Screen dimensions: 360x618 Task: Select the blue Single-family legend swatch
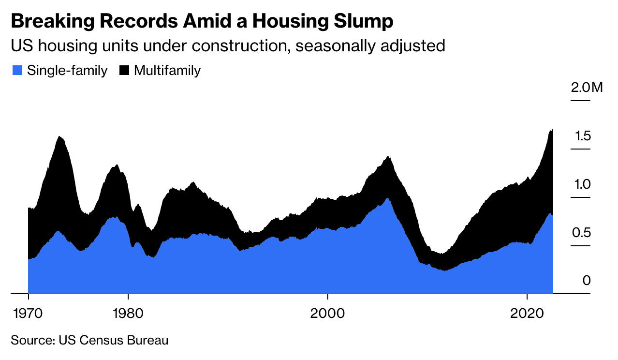(x=17, y=71)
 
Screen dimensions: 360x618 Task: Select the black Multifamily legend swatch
(x=124, y=71)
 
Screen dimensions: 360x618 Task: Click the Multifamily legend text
(x=167, y=71)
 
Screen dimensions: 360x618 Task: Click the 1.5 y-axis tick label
(x=582, y=136)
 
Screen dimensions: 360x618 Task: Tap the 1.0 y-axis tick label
(x=581, y=184)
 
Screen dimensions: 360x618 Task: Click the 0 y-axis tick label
(x=587, y=281)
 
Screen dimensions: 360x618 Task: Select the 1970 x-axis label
(x=29, y=313)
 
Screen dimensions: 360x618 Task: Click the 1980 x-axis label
(x=128, y=313)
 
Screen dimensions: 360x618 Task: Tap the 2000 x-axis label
(x=328, y=313)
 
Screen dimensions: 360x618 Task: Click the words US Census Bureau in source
(x=114, y=340)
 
